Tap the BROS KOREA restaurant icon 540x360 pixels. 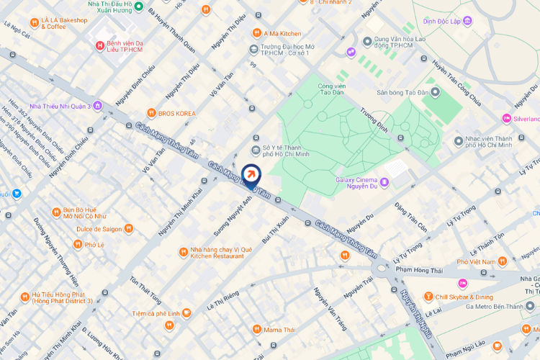tap(151, 113)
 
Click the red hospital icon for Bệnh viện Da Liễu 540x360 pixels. tap(99, 46)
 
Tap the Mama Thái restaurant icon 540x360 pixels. tap(257, 329)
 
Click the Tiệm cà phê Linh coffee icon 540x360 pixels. tap(186, 312)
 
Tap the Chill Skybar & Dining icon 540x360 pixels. tap(428, 297)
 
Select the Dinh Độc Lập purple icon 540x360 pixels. tap(468, 22)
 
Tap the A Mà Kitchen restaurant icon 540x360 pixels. tap(256, 33)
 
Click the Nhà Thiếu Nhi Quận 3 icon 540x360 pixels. tap(98, 106)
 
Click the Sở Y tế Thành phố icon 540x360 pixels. tap(255, 150)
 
